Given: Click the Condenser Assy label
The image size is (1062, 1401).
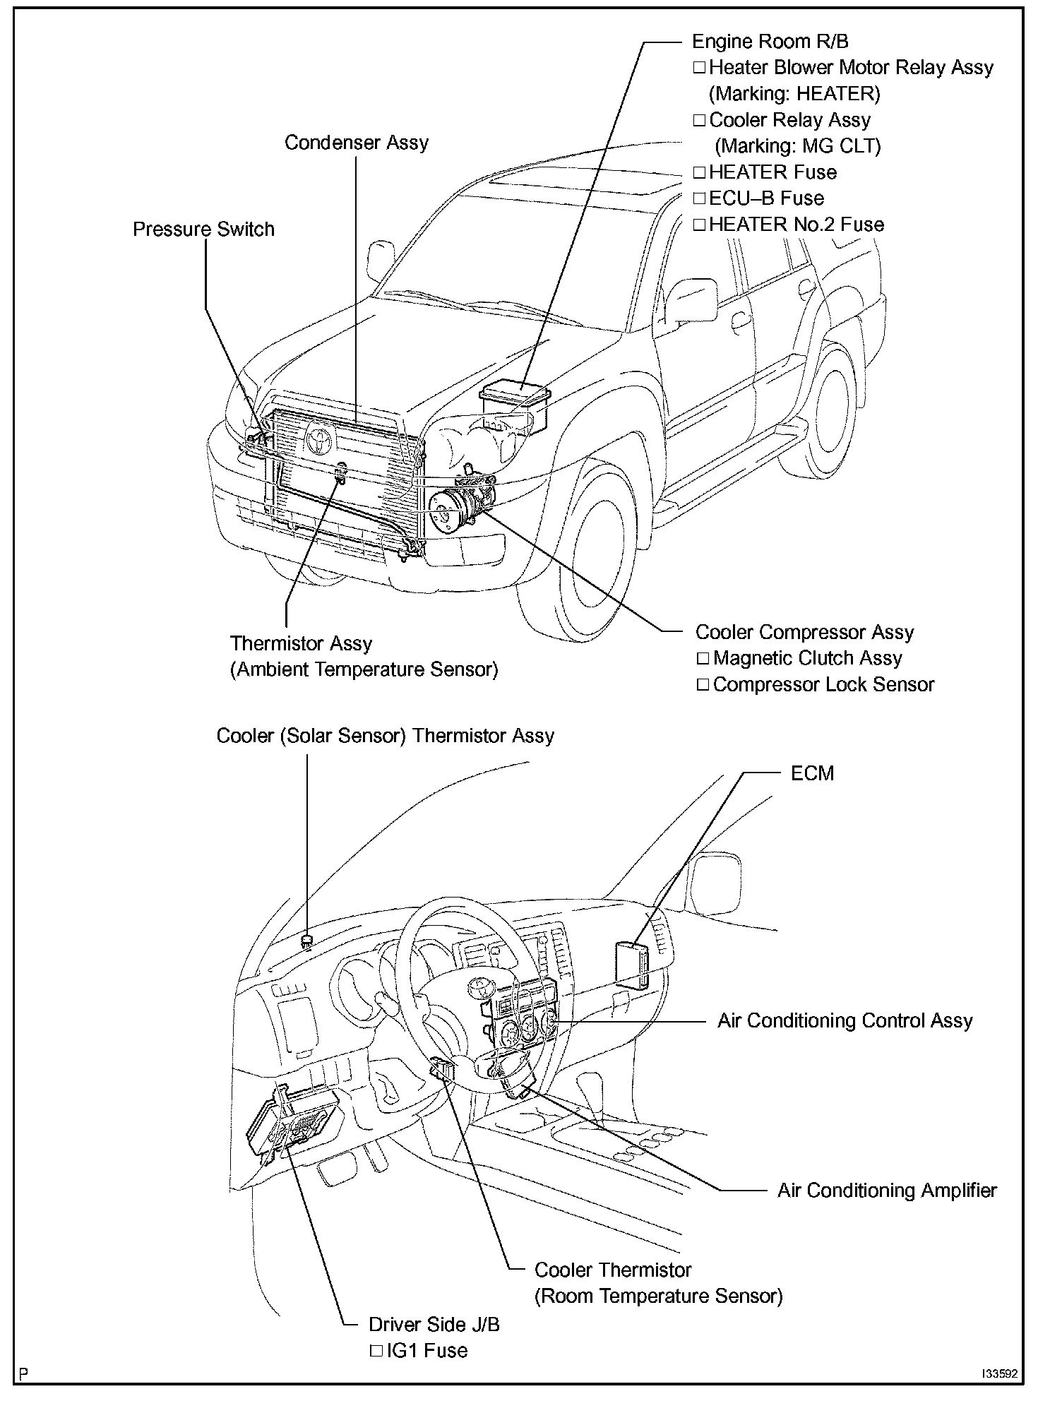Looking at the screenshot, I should click(356, 143).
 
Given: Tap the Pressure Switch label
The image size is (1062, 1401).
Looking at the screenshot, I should click(203, 229).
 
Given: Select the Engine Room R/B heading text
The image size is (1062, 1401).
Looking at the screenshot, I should click(770, 42).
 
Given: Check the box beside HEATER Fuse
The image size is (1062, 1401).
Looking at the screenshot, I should click(699, 172).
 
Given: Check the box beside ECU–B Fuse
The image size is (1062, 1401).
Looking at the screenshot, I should click(699, 198).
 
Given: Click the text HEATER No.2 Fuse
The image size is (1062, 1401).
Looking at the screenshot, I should click(796, 225).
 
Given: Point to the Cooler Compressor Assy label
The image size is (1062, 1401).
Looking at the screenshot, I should click(804, 632).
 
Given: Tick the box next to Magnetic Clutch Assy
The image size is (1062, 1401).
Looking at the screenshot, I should click(703, 659).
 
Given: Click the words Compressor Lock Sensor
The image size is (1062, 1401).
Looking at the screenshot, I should click(823, 685).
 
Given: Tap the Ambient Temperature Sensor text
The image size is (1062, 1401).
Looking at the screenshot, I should click(364, 669).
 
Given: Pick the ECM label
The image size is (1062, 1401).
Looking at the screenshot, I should click(812, 773).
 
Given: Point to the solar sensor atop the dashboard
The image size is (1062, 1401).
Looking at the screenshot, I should click(307, 940).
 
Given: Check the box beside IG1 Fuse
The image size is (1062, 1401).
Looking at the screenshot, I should click(376, 1351).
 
